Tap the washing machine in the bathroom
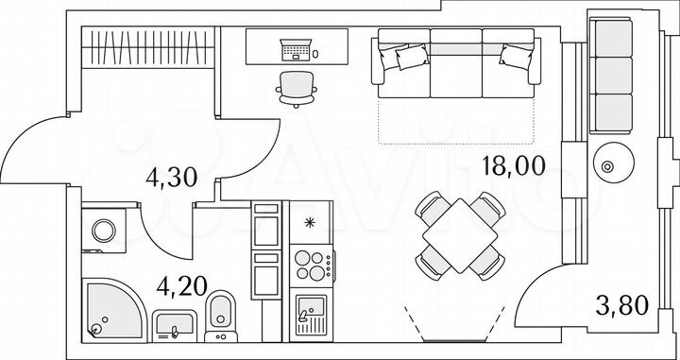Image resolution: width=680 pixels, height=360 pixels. coord(103,229)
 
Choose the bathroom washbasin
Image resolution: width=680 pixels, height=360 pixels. coord(174,322)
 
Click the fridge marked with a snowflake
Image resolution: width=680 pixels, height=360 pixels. coord(310,222)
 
